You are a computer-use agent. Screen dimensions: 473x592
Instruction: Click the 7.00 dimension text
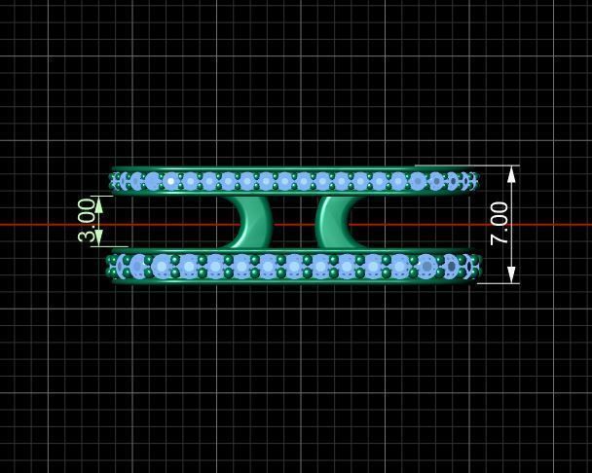tap(499, 223)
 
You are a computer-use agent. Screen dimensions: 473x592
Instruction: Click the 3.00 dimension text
tap(87, 220)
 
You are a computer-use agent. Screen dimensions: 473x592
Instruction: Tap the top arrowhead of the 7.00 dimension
tap(511, 173)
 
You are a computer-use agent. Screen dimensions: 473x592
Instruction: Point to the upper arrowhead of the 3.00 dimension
tap(98, 204)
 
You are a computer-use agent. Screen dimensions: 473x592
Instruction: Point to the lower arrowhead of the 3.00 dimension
tap(98, 237)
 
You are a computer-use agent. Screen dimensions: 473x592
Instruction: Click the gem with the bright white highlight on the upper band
tap(171, 181)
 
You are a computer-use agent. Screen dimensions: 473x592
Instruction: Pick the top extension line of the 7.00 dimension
tap(467, 165)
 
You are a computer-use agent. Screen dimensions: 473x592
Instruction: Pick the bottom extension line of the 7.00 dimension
tap(497, 283)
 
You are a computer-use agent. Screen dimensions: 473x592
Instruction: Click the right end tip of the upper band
tap(477, 181)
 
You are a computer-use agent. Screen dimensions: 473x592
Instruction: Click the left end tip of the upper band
tap(110, 180)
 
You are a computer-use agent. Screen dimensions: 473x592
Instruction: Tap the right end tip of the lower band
tap(480, 267)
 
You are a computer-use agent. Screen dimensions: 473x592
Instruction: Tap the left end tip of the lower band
tap(107, 266)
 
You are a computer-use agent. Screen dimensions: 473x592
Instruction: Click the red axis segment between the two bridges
tap(293, 225)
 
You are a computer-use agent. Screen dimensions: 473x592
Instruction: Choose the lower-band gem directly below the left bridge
tap(242, 266)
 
